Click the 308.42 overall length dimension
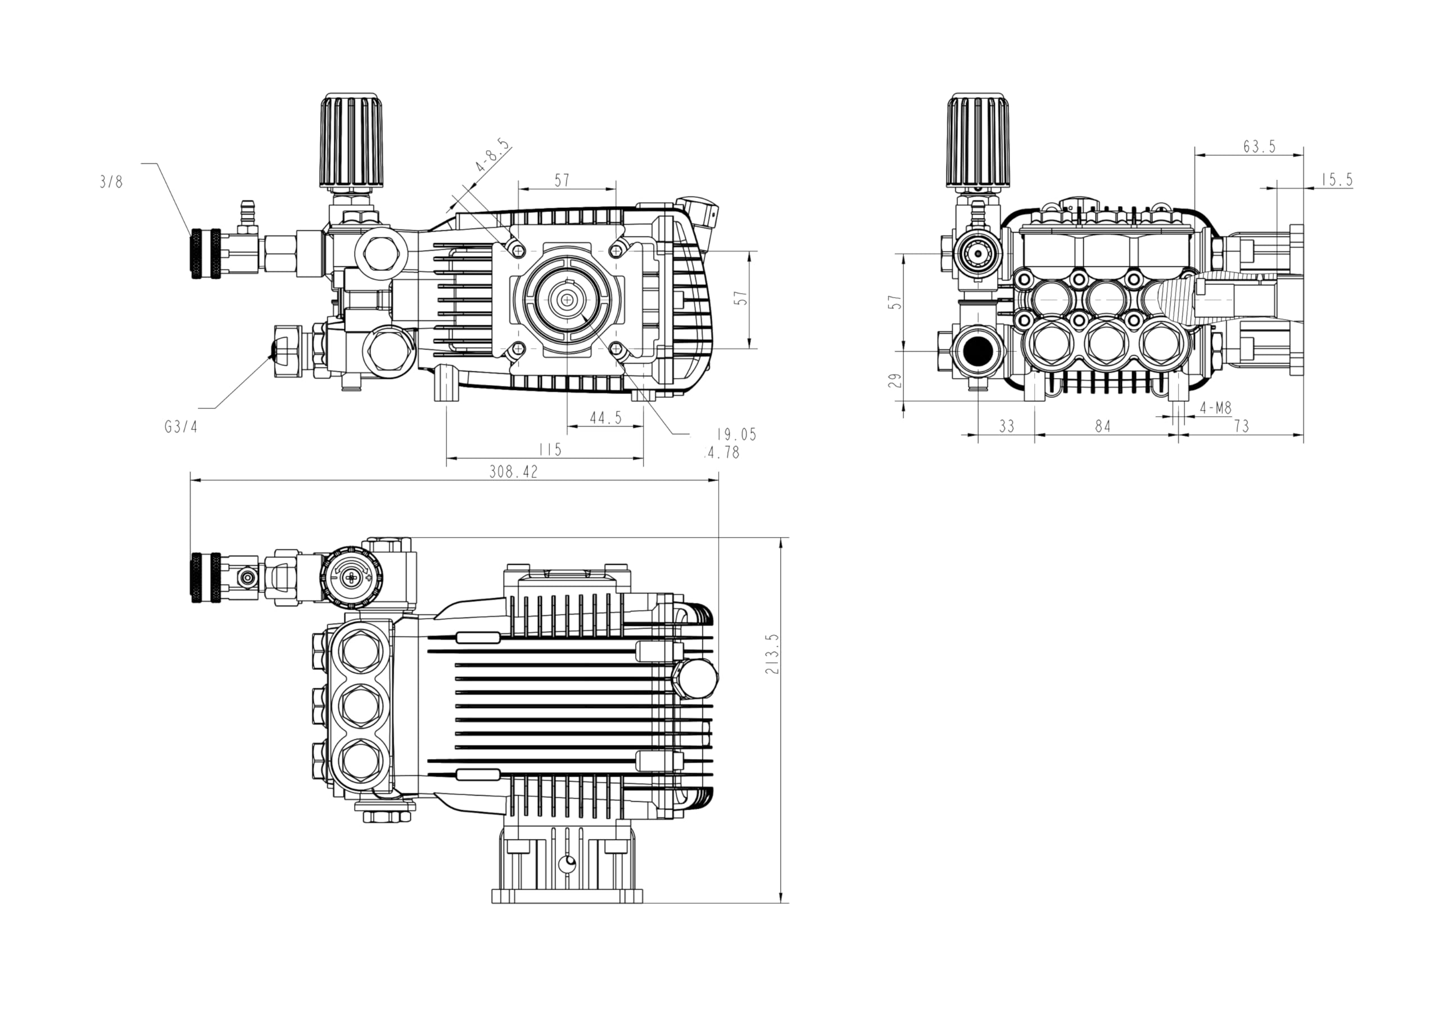513,472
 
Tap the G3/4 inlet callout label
181,426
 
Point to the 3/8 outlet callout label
111,181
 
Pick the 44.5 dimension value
605,418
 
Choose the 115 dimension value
550,450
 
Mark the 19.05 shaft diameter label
736,434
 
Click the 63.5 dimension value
1259,146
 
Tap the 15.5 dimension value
1337,180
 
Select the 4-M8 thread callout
1215,408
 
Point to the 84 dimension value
1102,426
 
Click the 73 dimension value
1241,426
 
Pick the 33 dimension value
1006,426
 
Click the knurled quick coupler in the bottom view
207,577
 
